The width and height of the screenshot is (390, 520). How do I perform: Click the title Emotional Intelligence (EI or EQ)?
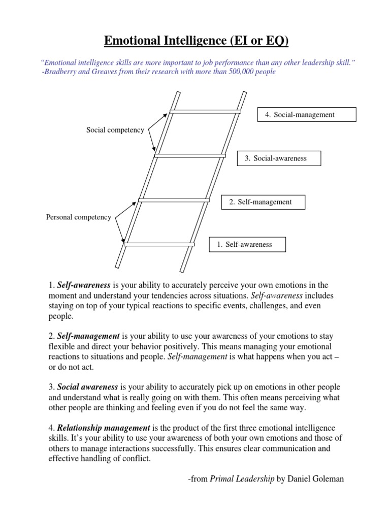(196, 40)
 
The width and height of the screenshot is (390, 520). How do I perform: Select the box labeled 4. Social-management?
(307, 115)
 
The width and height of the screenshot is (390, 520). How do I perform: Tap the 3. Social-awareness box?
(279, 158)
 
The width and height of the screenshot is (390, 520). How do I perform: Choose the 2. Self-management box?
(264, 202)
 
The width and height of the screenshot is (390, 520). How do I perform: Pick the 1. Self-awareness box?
(248, 245)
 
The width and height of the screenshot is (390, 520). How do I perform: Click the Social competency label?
(115, 130)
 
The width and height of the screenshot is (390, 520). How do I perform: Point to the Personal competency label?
(79, 217)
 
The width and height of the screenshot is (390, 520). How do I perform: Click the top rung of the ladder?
(205, 111)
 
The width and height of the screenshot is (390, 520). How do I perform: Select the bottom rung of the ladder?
(159, 244)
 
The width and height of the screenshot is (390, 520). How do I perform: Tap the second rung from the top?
(190, 155)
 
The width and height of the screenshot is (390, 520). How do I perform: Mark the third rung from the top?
(174, 200)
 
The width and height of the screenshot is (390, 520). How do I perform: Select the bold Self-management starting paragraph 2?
(88, 337)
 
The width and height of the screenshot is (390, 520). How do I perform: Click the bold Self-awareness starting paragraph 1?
(84, 285)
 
